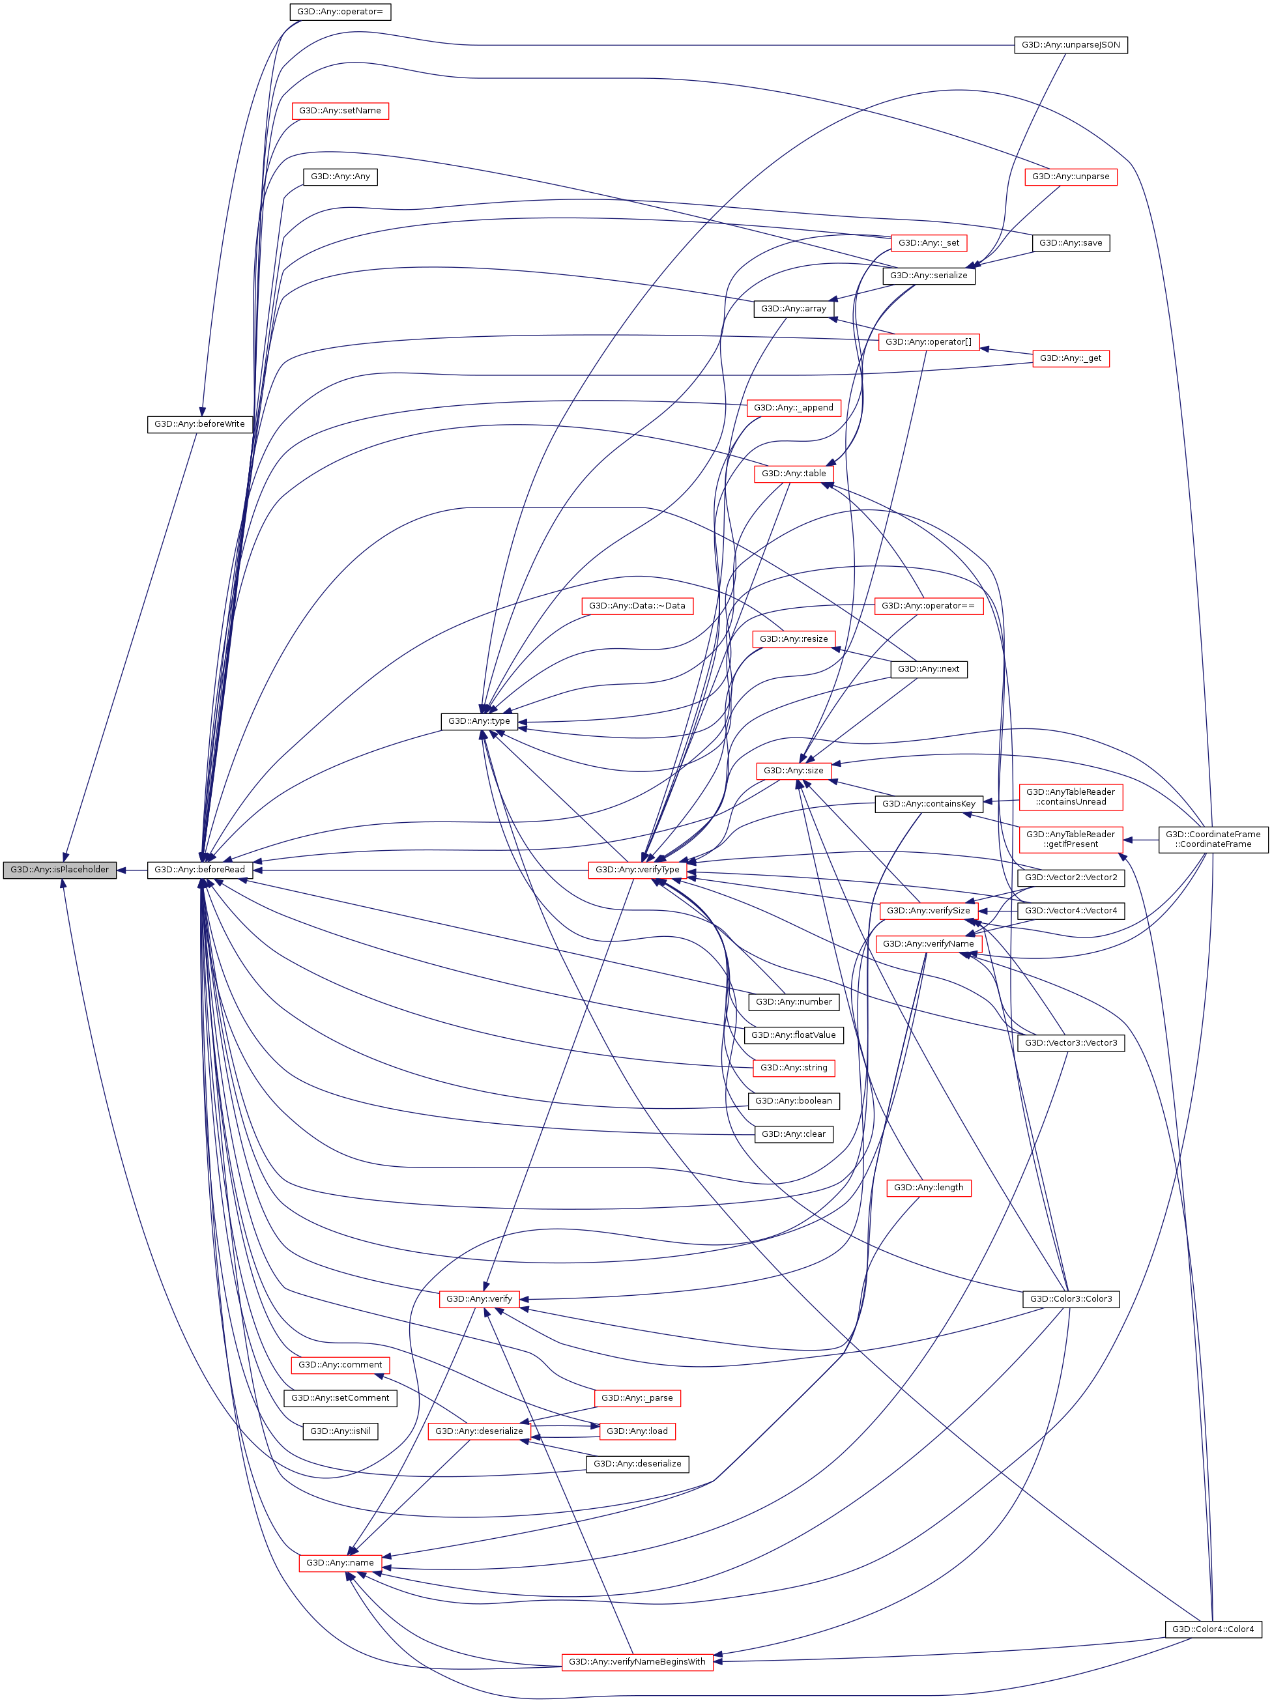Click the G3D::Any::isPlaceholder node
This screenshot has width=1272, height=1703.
click(x=59, y=869)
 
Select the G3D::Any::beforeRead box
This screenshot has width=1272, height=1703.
click(x=199, y=869)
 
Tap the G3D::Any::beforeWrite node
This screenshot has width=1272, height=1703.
click(x=199, y=423)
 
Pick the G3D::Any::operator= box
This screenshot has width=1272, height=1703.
click(x=340, y=12)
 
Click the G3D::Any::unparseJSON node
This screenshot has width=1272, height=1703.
click(x=1070, y=45)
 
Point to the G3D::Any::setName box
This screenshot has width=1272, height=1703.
click(x=340, y=111)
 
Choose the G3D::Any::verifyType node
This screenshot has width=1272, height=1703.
click(x=637, y=869)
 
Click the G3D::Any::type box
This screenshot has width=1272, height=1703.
click(x=479, y=721)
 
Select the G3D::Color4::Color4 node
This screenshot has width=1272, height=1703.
click(x=1213, y=1628)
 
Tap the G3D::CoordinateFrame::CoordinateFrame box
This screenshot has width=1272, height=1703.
click(x=1213, y=839)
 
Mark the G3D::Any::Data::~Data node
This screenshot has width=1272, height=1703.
click(x=637, y=605)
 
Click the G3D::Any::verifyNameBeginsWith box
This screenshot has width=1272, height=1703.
click(x=637, y=1661)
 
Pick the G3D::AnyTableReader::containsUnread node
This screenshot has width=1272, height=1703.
click(x=1070, y=797)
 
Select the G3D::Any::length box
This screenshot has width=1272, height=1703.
click(x=929, y=1187)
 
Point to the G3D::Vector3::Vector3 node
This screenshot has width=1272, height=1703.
click(x=1070, y=1042)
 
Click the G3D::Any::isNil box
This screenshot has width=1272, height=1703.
click(x=340, y=1431)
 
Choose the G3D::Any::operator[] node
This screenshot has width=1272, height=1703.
click(x=929, y=342)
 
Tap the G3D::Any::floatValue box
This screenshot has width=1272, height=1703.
click(x=793, y=1035)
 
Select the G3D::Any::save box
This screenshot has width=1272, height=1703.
click(x=1070, y=242)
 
